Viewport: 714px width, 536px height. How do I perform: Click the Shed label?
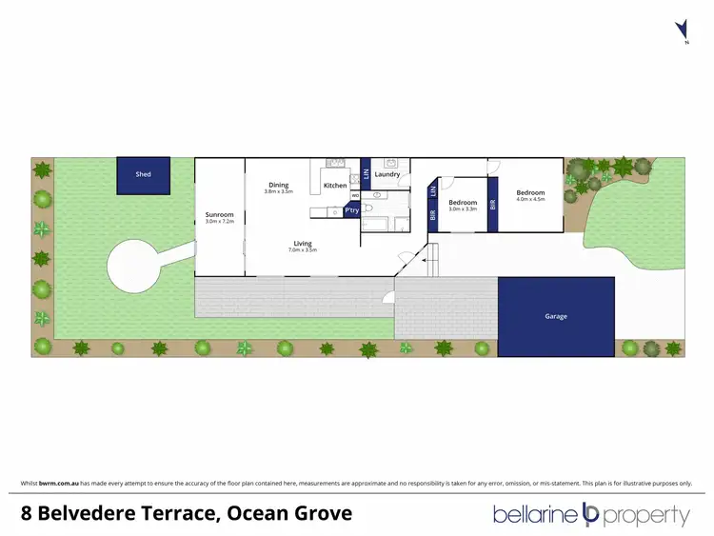143,174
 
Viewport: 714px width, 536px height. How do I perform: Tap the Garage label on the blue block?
557,316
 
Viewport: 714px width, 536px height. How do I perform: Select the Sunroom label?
219,215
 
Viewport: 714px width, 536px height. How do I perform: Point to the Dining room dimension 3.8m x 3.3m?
278,192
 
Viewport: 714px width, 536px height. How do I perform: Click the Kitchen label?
335,185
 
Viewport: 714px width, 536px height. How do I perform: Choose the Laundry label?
387,174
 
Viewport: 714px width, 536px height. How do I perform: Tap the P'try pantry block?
352,209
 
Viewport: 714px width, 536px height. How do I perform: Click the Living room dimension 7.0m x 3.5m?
303,249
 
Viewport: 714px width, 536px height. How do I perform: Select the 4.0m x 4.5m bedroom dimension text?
530,200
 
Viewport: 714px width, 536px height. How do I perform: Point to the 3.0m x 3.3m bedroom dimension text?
463,208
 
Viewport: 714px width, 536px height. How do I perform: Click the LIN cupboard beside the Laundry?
367,174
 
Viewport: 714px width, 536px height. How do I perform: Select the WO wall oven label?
355,196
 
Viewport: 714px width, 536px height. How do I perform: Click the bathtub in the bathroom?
375,226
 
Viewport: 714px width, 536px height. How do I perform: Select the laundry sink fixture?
391,163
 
